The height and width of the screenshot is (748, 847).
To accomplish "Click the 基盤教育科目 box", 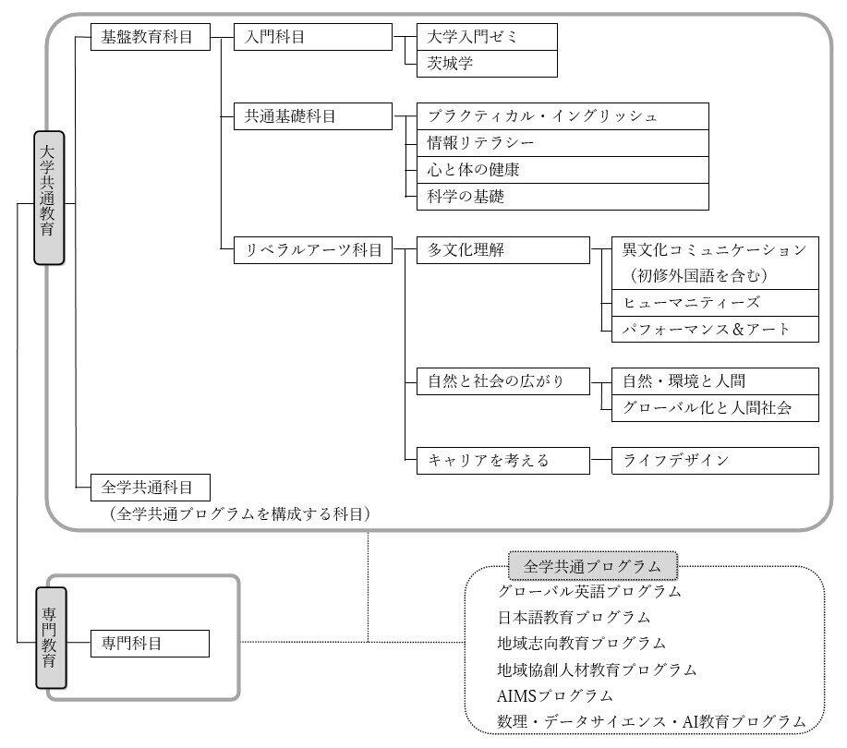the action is click(x=151, y=37).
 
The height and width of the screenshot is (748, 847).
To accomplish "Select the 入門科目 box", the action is click(x=313, y=37).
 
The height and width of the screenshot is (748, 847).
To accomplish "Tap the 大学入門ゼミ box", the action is click(x=487, y=37).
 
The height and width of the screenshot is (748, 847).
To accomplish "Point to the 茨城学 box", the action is click(x=487, y=64).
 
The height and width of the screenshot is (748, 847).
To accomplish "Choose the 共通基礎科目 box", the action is click(x=313, y=116).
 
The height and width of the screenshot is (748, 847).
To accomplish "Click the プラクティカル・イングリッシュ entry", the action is click(x=563, y=116).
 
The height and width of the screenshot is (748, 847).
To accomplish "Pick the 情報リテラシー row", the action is click(x=563, y=143).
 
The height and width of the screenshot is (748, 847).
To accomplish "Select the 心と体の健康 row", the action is click(x=563, y=170).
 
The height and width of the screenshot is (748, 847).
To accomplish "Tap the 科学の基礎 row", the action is click(x=563, y=197).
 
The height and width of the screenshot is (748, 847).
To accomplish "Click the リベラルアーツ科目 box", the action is click(x=313, y=250).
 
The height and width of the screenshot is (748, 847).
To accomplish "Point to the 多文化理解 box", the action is click(x=502, y=250).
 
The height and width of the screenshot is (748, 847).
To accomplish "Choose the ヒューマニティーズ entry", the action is click(x=715, y=303).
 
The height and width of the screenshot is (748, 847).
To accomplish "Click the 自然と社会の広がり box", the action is click(x=502, y=381).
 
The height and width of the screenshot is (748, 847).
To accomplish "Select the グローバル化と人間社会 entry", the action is click(x=715, y=408).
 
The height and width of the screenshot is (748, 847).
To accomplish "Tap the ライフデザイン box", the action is click(x=715, y=461).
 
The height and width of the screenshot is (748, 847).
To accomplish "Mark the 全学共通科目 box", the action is click(x=151, y=488).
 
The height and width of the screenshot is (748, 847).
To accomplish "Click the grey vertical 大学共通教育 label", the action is click(x=49, y=198).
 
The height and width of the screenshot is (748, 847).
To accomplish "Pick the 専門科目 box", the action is click(x=150, y=644).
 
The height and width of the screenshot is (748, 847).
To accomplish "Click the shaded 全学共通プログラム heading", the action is click(x=593, y=566).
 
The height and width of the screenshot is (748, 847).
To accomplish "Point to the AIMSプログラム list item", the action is click(x=555, y=695).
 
